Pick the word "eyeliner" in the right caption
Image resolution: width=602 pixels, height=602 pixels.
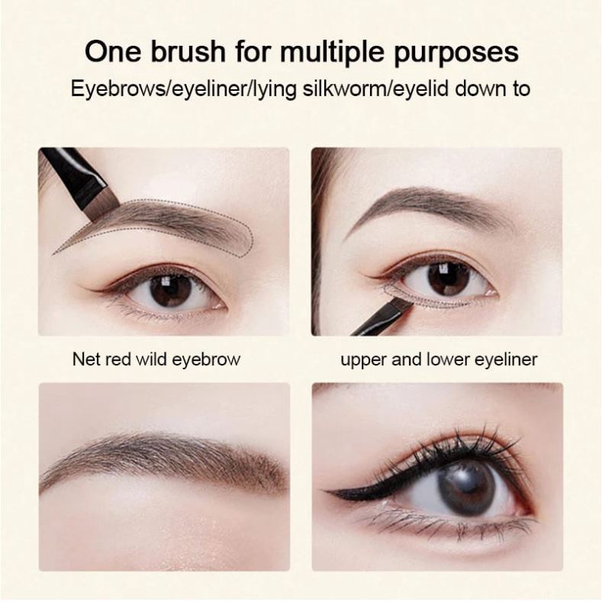coord(505,359)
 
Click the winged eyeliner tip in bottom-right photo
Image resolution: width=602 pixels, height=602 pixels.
coord(330,494)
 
